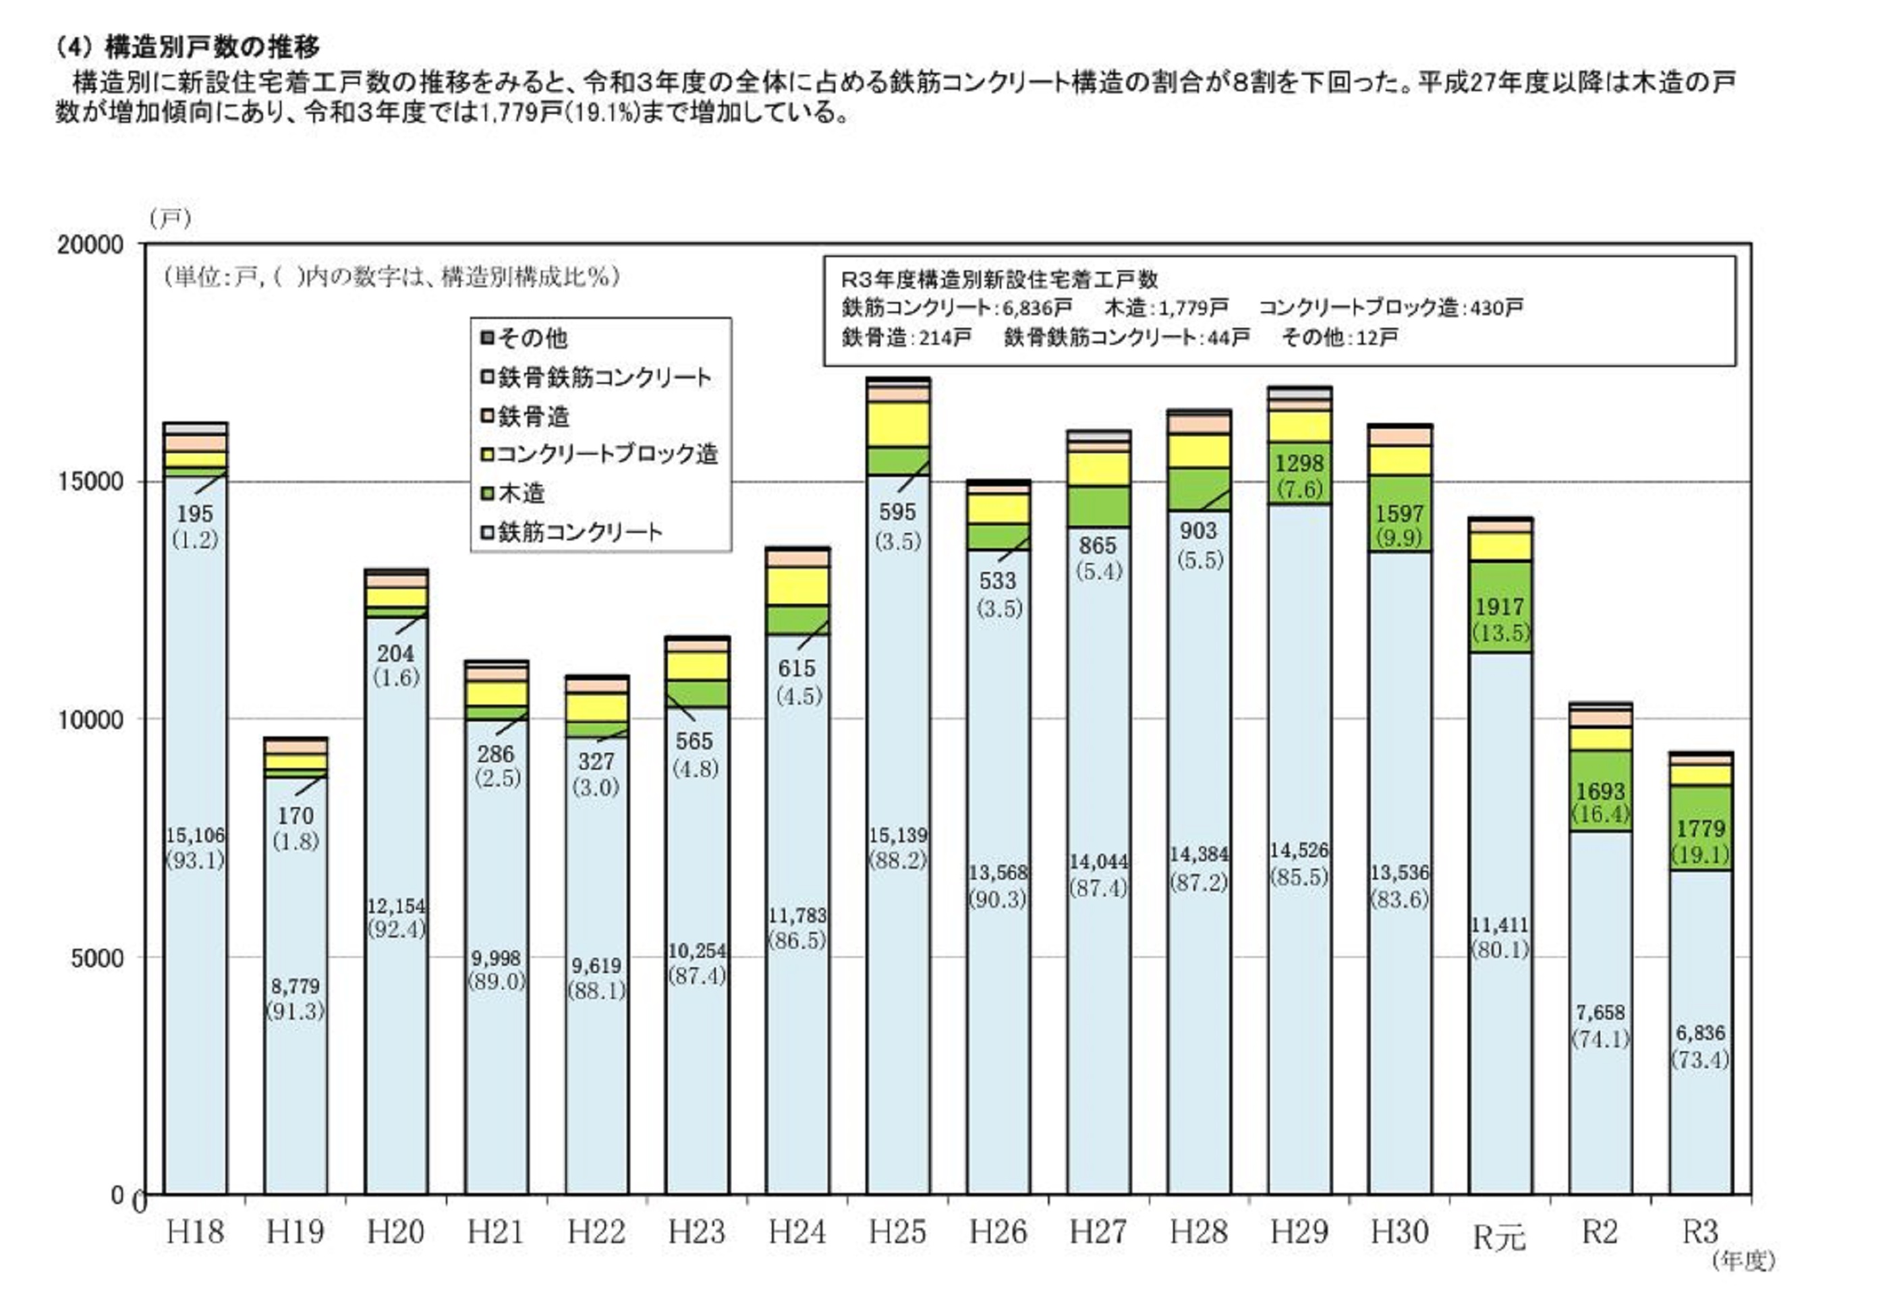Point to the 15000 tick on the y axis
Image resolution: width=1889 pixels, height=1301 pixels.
click(90, 481)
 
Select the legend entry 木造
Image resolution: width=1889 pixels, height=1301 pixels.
click(521, 492)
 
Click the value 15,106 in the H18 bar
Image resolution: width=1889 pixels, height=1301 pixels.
click(195, 835)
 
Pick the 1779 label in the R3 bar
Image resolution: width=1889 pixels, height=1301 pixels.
click(1700, 828)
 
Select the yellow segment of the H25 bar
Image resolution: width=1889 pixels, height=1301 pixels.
click(898, 424)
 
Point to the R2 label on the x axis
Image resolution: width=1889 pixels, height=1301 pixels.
click(1600, 1232)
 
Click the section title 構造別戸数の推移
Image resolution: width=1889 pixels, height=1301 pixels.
click(212, 47)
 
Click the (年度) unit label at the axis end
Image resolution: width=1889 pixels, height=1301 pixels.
click(1743, 1261)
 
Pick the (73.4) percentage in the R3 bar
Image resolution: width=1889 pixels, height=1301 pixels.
click(1700, 1060)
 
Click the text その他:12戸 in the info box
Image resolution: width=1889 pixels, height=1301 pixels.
click(1339, 337)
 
